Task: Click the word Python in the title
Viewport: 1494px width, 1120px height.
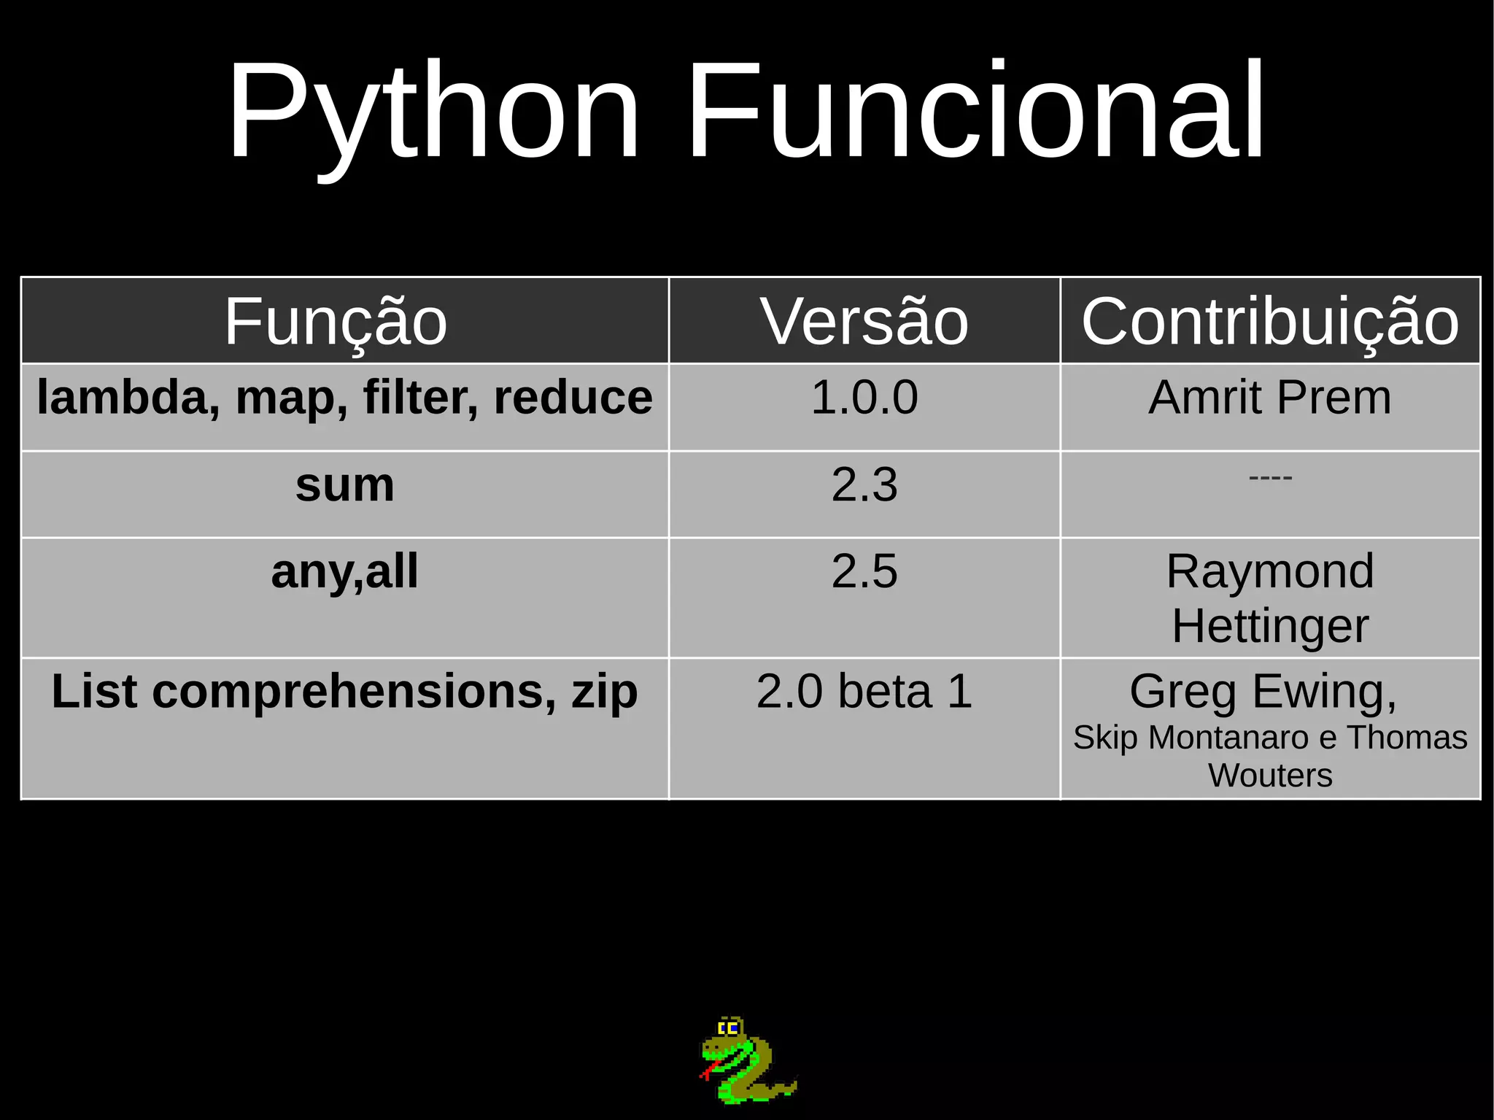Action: click(434, 111)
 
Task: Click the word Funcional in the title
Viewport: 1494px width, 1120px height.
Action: click(976, 111)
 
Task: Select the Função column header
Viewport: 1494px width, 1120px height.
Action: click(336, 321)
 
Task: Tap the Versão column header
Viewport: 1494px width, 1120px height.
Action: click(864, 321)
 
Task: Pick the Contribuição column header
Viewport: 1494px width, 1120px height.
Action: click(1270, 321)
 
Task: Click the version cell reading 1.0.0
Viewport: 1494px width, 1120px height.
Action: click(864, 398)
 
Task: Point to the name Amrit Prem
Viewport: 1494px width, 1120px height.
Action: click(1270, 398)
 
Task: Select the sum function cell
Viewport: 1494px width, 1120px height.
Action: click(345, 485)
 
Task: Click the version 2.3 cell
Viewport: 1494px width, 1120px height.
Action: click(864, 485)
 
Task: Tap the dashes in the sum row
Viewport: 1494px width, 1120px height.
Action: click(1270, 478)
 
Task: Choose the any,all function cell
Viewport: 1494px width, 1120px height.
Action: click(345, 571)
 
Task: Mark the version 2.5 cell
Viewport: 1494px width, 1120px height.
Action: click(864, 571)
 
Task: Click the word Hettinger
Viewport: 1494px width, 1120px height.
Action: click(1270, 626)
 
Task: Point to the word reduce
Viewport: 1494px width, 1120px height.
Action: click(573, 398)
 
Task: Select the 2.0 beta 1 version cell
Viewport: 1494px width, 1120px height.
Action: click(864, 691)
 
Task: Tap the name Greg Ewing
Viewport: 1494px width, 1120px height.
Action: click(1262, 691)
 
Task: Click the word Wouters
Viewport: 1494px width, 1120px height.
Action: click(1270, 775)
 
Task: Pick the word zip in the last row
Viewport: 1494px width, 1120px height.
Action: click(605, 692)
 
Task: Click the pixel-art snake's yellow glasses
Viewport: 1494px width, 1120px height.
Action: click(729, 1029)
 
